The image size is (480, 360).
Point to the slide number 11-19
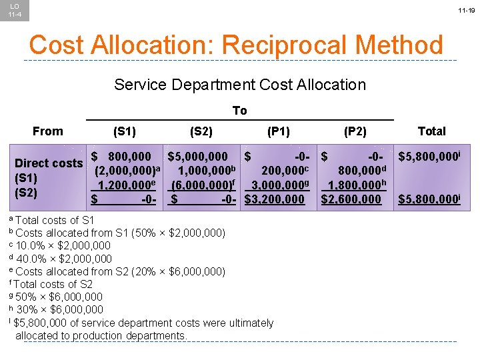point(466,11)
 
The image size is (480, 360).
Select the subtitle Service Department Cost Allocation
point(240,85)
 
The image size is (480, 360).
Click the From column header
point(48,131)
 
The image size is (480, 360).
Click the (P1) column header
point(278,131)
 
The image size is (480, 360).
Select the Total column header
point(431,131)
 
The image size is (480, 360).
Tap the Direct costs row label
point(49,163)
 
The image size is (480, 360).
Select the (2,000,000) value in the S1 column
point(125,171)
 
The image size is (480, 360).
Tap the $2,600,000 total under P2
point(351,199)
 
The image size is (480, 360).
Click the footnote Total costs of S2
point(53,284)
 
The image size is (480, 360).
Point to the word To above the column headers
point(239,111)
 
